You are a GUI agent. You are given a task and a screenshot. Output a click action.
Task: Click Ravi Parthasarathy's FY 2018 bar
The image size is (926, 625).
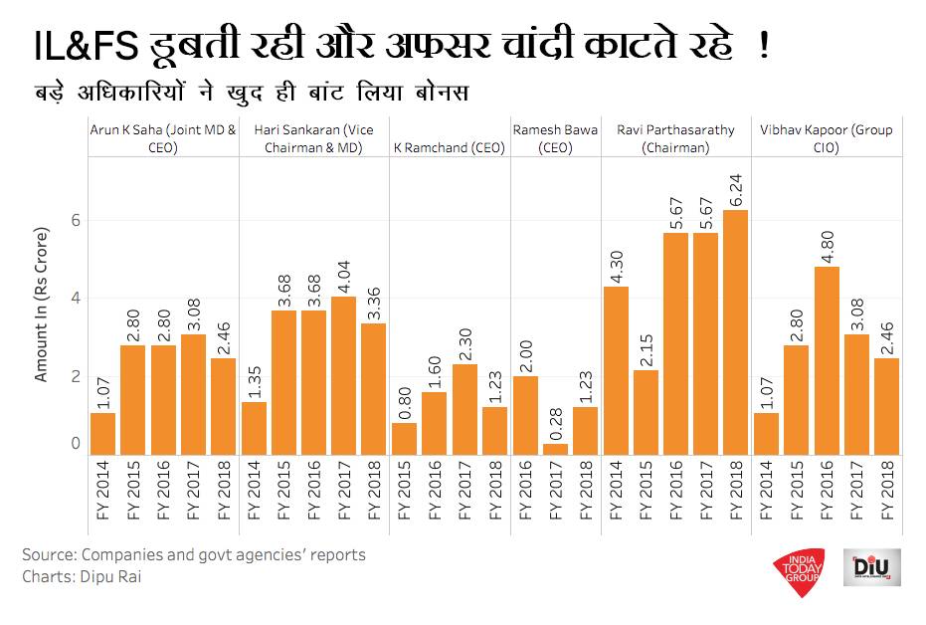click(x=737, y=332)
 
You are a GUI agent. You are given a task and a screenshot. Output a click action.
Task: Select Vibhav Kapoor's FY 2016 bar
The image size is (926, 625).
click(x=828, y=360)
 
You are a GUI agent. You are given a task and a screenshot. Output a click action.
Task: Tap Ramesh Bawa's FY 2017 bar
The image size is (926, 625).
click(x=556, y=450)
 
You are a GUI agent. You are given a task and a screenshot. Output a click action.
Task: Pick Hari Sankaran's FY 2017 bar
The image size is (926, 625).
click(x=343, y=376)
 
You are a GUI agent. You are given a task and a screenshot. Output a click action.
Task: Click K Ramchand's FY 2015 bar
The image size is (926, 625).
click(x=405, y=439)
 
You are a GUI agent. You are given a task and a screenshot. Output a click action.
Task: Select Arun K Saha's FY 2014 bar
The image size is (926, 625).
click(x=102, y=434)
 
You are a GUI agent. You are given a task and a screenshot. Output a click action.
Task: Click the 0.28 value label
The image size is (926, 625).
click(x=556, y=419)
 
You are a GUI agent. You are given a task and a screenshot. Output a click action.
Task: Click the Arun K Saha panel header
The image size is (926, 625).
click(x=163, y=138)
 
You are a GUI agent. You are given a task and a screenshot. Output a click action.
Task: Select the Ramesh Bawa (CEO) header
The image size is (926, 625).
click(x=554, y=138)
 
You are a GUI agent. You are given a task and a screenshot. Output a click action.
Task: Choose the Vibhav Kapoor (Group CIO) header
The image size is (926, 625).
click(x=827, y=138)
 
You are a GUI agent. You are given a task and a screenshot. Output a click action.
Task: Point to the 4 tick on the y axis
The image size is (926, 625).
click(x=73, y=299)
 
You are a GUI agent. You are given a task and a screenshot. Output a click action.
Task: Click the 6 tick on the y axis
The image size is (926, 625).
click(x=73, y=221)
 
